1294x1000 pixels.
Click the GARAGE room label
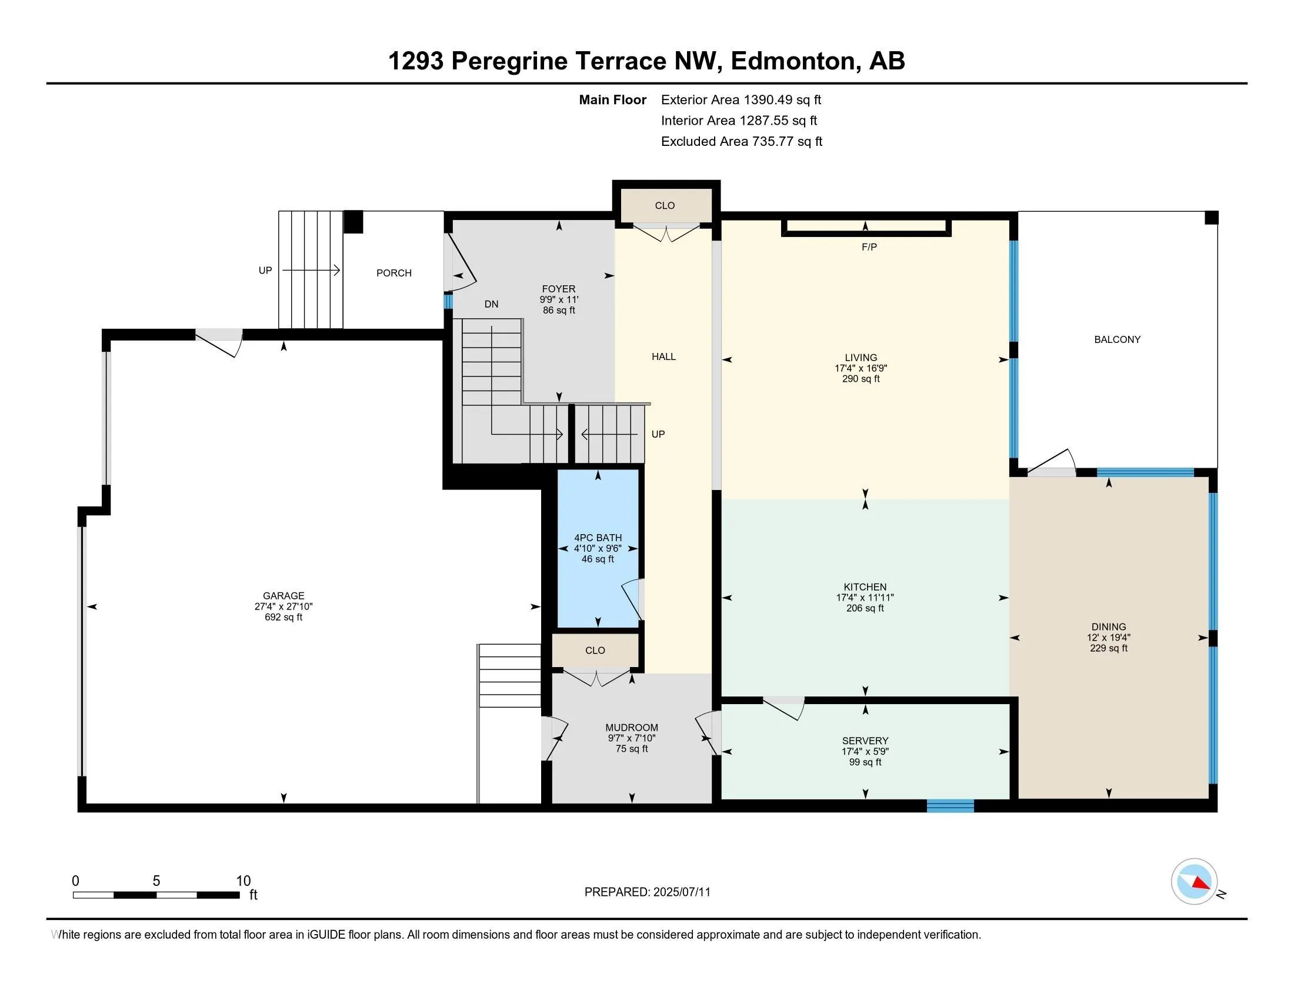(284, 596)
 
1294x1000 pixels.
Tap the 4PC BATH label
(598, 538)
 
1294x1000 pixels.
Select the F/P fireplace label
(869, 247)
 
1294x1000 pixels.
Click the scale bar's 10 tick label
(244, 881)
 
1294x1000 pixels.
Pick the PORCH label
(394, 273)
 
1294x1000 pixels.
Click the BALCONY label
(1118, 339)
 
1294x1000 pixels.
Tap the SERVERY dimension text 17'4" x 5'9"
(865, 751)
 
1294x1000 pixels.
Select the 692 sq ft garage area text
(284, 617)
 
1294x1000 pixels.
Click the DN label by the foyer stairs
(491, 305)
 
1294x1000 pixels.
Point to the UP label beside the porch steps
(265, 271)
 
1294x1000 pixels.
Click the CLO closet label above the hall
(665, 205)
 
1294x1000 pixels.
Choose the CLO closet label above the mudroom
(595, 651)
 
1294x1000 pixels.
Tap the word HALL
(663, 356)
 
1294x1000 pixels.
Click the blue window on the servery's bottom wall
(951, 806)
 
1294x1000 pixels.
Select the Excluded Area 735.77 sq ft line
(742, 142)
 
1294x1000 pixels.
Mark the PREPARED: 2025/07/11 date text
(647, 892)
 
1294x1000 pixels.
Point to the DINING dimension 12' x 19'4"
(1109, 638)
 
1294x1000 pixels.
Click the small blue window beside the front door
(448, 302)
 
